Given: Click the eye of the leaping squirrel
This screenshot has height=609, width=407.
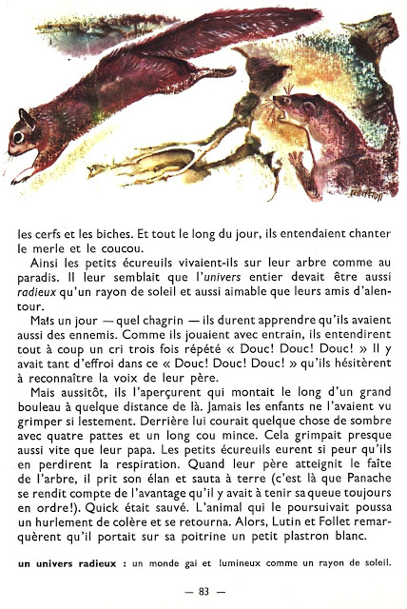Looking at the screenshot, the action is (x=17, y=136).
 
